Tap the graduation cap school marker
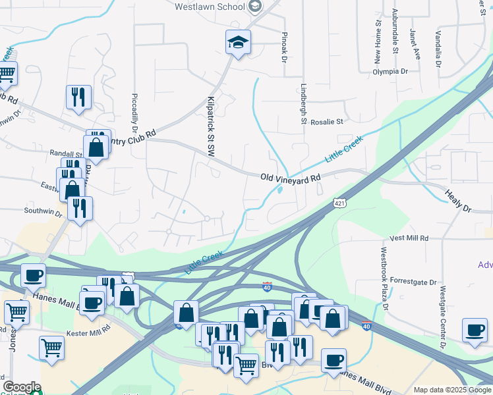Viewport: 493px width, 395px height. tap(238, 43)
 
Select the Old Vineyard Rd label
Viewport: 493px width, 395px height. tap(290, 178)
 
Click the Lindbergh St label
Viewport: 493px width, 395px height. tap(304, 103)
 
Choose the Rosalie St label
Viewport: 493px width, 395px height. tap(327, 122)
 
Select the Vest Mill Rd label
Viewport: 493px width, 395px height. tap(409, 238)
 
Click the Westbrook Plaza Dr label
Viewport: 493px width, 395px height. tap(384, 279)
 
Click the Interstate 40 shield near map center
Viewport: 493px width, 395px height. tap(267, 287)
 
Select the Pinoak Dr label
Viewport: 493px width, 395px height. tap(285, 46)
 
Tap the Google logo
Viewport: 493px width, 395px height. tap(21, 387)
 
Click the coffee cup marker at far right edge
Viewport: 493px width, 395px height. tap(474, 330)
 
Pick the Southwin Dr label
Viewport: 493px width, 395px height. tap(43, 212)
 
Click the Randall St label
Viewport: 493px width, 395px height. tap(65, 153)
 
